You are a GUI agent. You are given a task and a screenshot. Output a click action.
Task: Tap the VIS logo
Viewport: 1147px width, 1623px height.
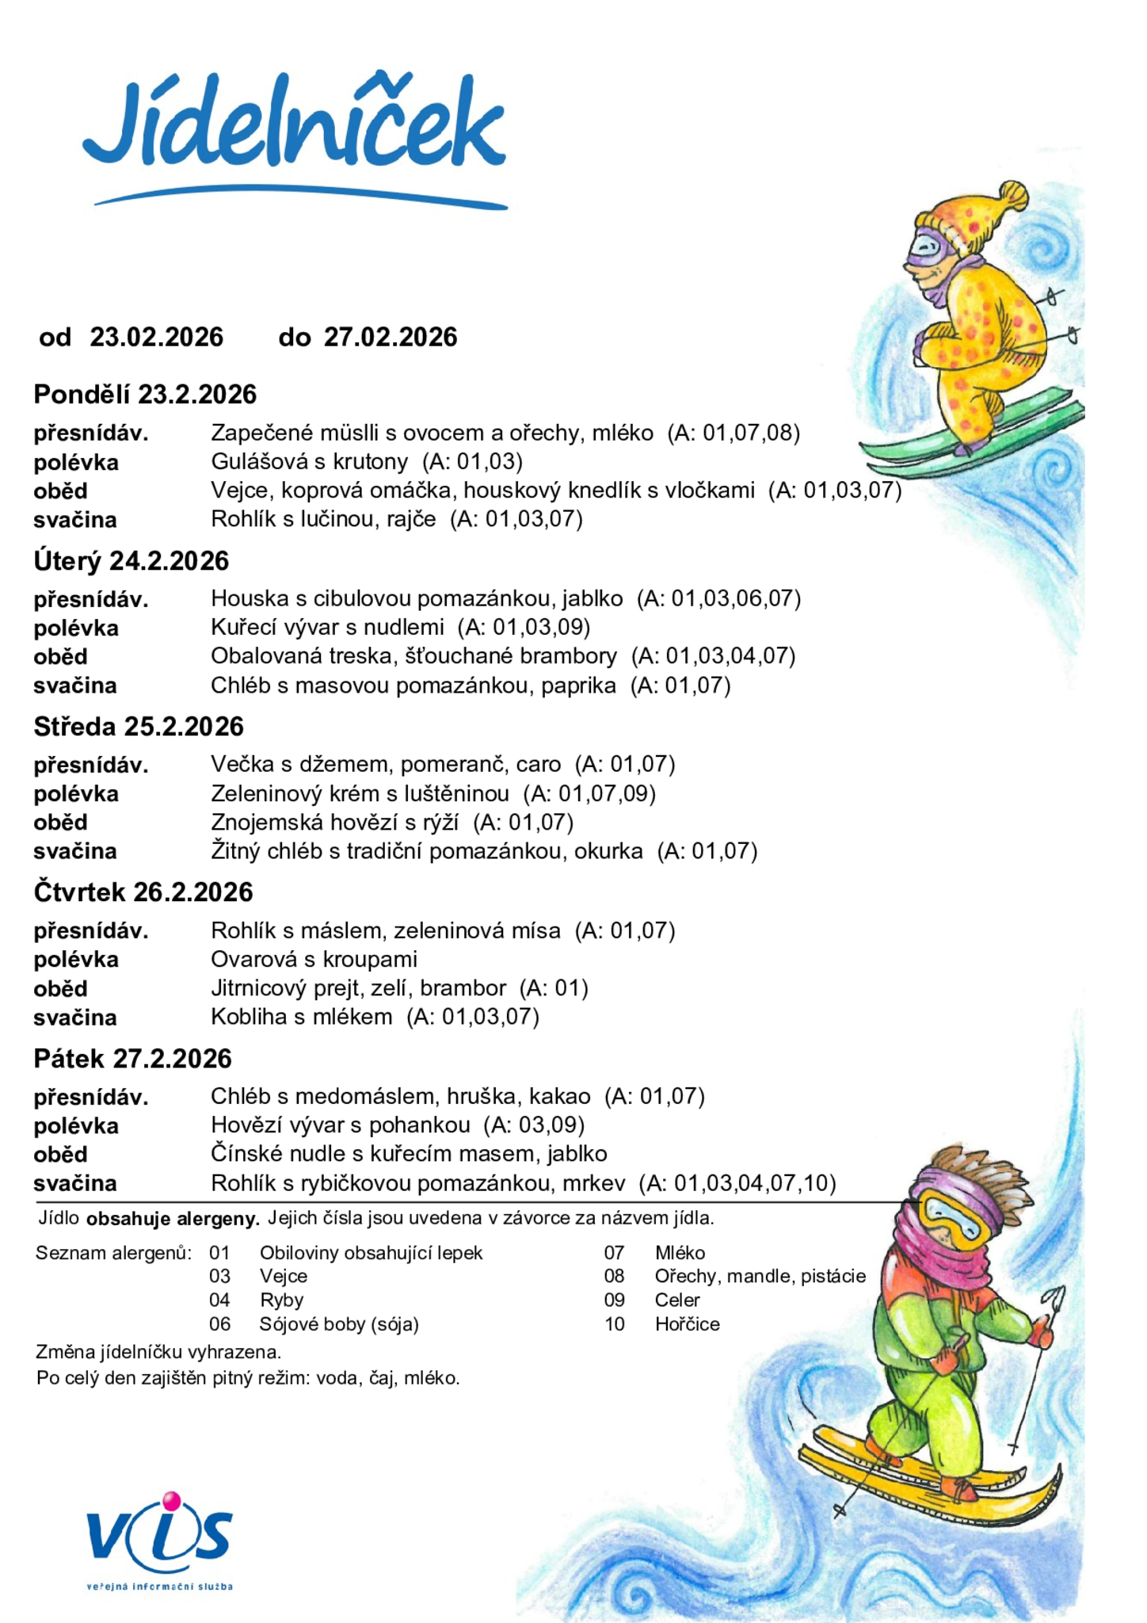coord(159,1537)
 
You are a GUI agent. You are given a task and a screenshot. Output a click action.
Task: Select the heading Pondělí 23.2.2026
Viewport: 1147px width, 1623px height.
coord(145,395)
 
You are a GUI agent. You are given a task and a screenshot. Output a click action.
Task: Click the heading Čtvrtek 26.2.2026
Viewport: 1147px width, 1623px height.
coord(143,892)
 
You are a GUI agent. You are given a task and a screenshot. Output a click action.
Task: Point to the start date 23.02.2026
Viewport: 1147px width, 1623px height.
coord(157,338)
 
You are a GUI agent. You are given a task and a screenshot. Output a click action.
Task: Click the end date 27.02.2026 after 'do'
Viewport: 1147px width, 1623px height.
coord(391,338)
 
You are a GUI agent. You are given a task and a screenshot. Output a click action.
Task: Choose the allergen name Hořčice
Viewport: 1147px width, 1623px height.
coord(687,1324)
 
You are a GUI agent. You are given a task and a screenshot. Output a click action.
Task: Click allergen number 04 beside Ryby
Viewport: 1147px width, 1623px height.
coord(219,1300)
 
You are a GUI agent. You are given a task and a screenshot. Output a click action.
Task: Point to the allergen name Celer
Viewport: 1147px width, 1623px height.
coord(677,1300)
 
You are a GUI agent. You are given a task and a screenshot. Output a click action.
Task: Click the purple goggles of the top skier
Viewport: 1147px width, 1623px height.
coord(927,248)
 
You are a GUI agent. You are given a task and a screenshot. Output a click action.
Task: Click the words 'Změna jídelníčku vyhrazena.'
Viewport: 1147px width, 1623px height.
coord(158,1352)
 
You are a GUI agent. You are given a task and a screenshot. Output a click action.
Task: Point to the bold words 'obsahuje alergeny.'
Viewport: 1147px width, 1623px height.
coord(173,1219)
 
